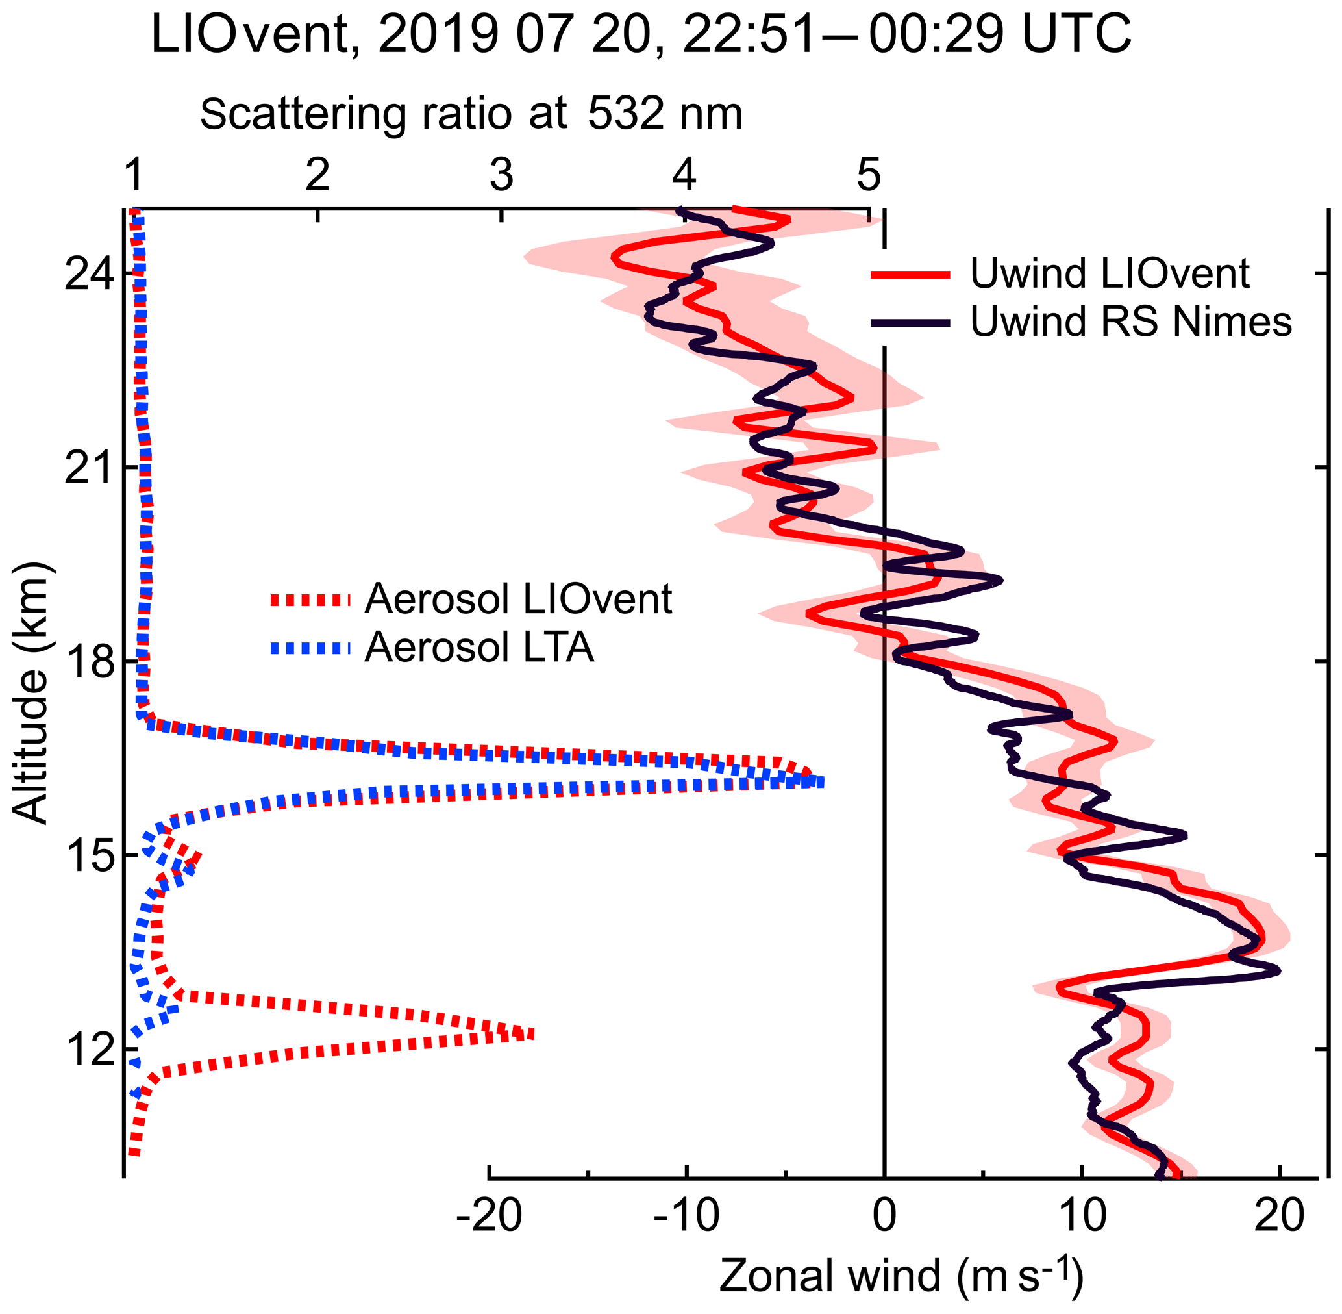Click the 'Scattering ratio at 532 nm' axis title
pyautogui.click(x=471, y=114)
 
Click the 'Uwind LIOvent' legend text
pyautogui.click(x=1110, y=274)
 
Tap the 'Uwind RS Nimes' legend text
pyautogui.click(x=1131, y=322)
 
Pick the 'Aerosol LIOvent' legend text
pyautogui.click(x=518, y=598)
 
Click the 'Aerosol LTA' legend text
pyautogui.click(x=479, y=647)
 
